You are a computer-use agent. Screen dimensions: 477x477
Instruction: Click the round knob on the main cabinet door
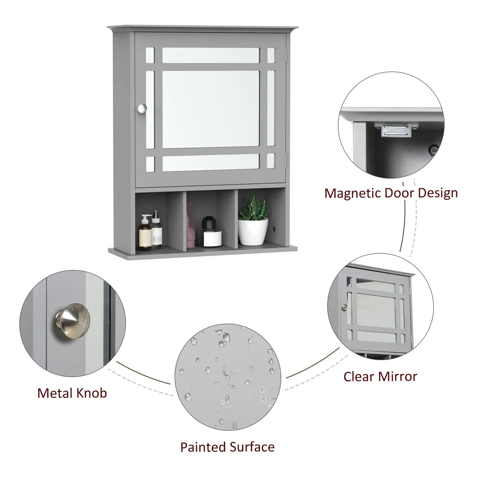coord(142,109)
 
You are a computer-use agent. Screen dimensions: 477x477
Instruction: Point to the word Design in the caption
coord(439,193)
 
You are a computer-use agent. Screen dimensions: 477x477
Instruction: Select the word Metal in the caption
coord(56,393)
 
